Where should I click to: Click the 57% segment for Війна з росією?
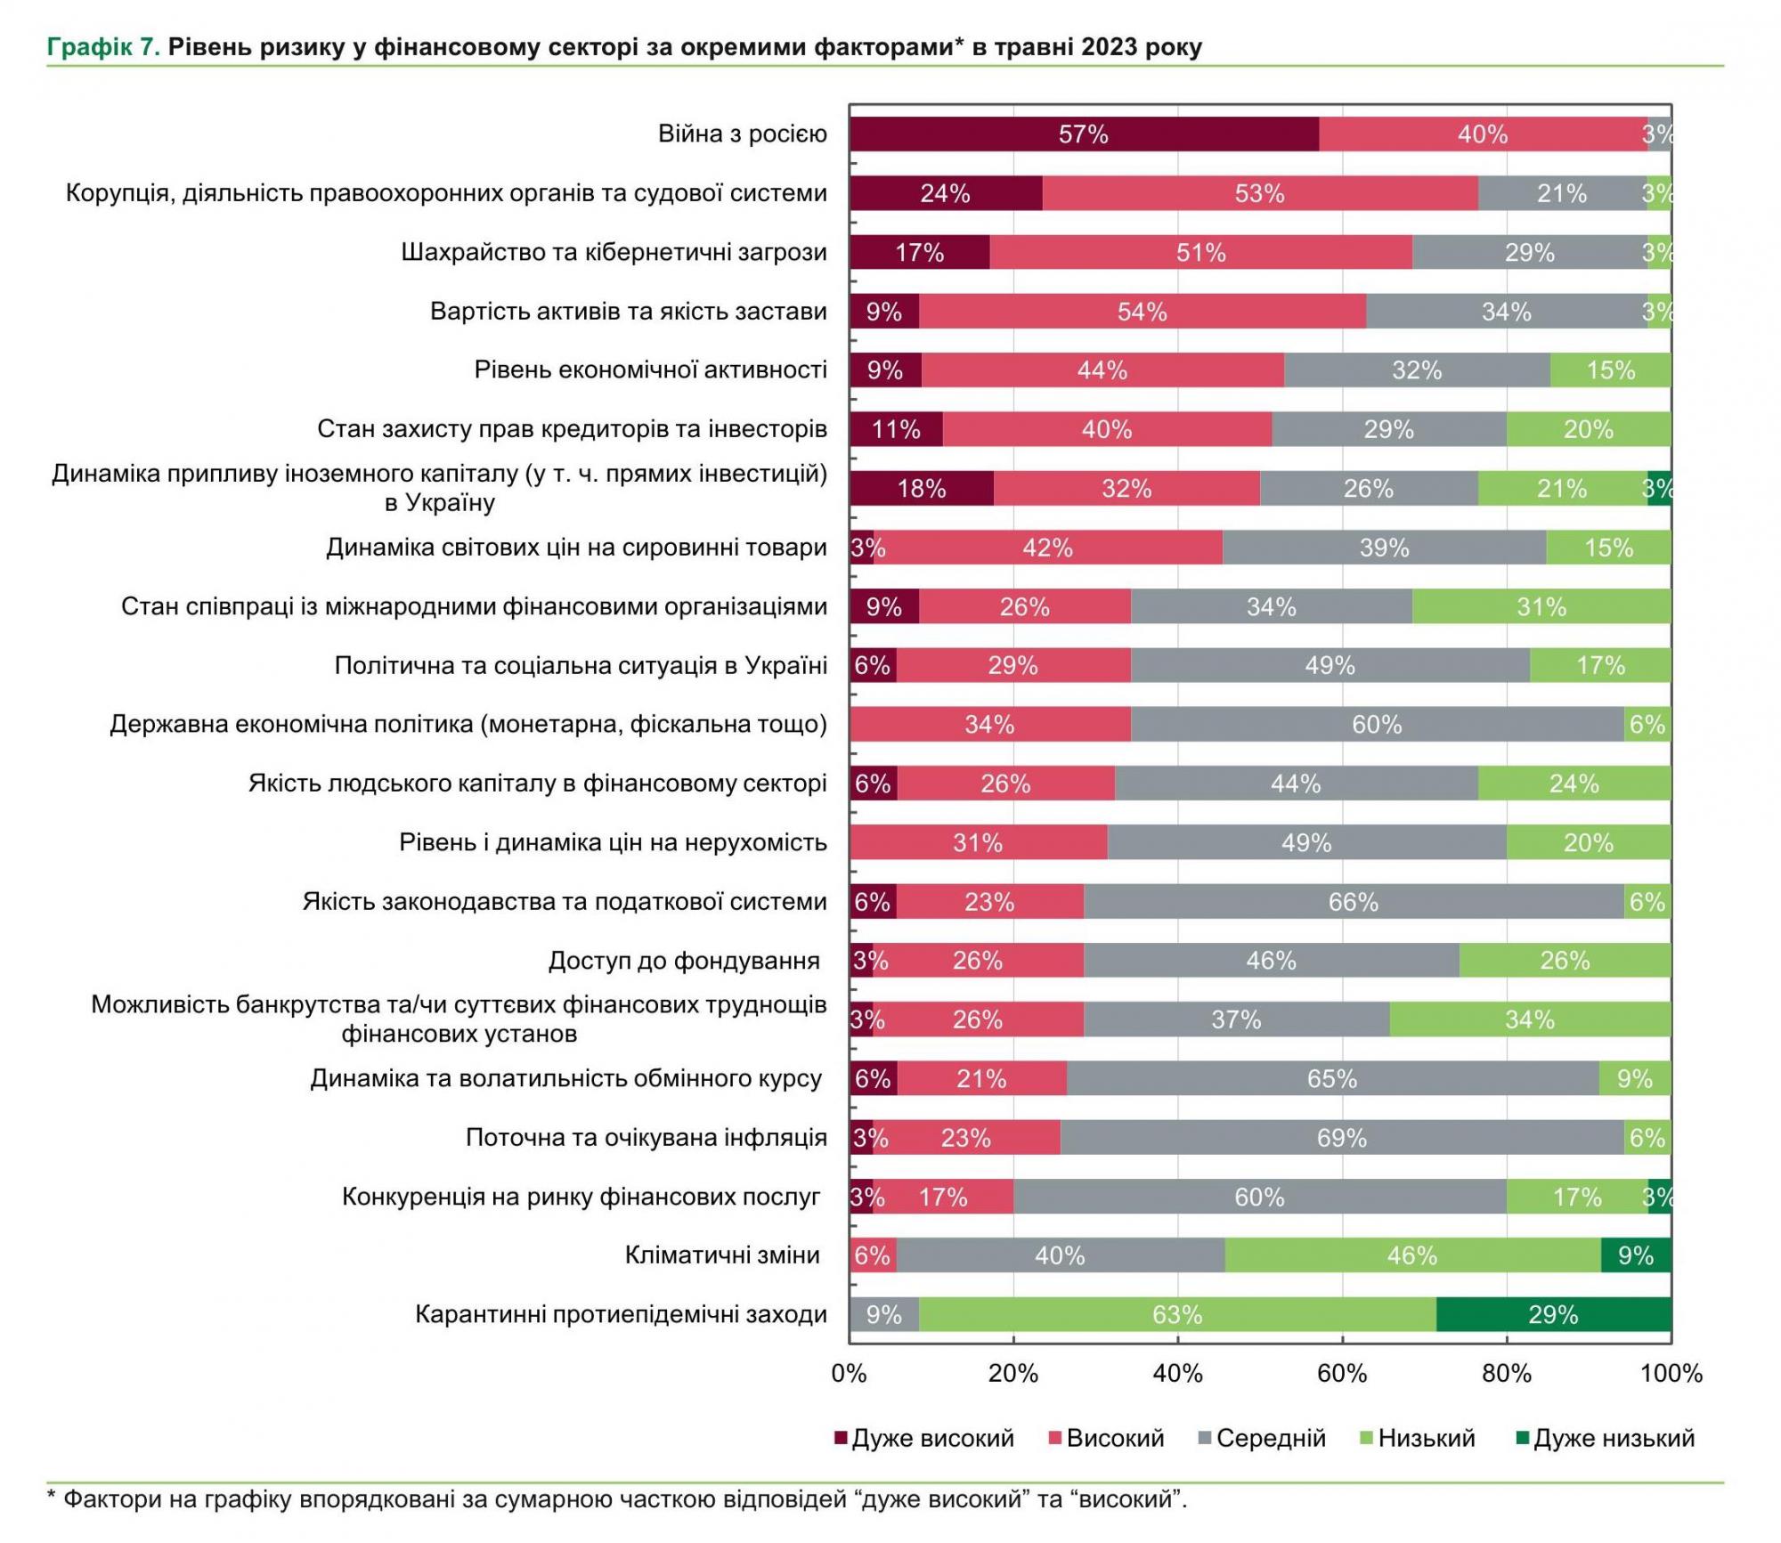pos(1084,134)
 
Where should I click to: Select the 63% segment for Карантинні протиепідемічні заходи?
pos(1177,1314)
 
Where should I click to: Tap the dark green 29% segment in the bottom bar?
pos(1553,1314)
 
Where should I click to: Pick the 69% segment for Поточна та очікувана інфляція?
pos(1342,1138)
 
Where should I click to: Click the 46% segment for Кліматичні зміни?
pos(1412,1255)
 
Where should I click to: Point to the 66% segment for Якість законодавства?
pos(1354,902)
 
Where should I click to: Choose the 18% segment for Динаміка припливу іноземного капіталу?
pos(922,489)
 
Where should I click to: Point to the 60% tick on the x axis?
pos(1342,1374)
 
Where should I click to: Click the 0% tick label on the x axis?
pos(849,1374)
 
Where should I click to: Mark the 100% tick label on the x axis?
pos(1671,1374)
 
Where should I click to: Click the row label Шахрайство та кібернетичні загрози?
pos(614,253)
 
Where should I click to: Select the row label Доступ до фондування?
pos(684,961)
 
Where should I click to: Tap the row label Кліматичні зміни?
pos(722,1255)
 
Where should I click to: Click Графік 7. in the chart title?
pos(103,47)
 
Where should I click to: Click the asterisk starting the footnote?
pos(52,1499)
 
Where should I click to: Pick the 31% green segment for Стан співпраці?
pos(1541,607)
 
